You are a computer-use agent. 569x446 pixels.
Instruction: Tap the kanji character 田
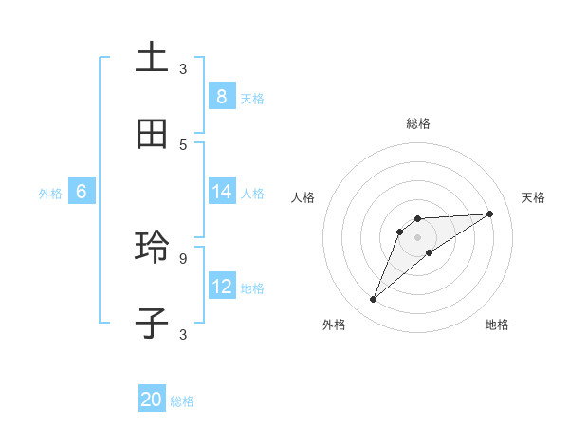point(152,135)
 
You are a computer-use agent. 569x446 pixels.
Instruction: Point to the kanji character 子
point(152,324)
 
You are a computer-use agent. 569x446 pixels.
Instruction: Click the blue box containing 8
point(221,97)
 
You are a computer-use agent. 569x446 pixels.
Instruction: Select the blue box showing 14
point(221,192)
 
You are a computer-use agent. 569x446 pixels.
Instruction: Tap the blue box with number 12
point(221,287)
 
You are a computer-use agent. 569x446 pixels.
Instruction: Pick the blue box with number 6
point(81,192)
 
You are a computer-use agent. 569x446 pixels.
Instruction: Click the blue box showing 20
point(152,400)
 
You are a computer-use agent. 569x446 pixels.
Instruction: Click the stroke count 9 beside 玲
point(183,257)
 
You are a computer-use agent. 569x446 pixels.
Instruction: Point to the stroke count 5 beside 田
point(183,144)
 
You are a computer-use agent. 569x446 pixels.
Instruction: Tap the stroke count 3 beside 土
point(183,68)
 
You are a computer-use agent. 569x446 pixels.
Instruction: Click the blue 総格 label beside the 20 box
point(182,401)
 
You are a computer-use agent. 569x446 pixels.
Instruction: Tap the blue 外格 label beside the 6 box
point(50,194)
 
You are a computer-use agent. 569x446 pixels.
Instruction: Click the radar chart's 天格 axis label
point(533,197)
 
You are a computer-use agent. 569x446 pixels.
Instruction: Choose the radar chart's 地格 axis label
point(497,325)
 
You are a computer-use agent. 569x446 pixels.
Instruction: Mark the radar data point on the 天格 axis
point(490,214)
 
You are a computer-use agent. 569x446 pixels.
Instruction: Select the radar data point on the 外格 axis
point(374,300)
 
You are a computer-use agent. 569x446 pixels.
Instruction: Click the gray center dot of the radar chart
point(417,236)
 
